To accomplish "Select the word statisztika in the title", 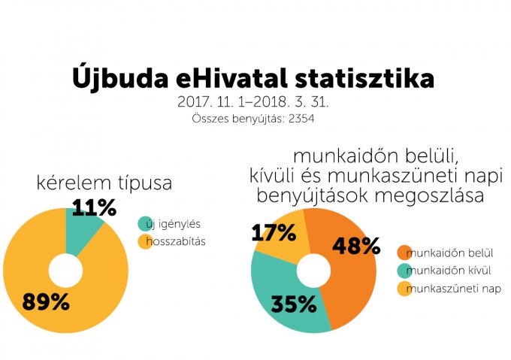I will coord(366,78).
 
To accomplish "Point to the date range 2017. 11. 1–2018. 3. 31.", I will coord(254,101).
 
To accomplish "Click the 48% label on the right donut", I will coord(356,246).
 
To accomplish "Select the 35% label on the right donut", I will coord(293,304).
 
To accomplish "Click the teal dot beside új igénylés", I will coord(144,224).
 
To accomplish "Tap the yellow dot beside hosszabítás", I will coord(144,241).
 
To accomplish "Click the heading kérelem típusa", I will coord(104,183).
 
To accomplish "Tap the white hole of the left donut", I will coord(65,271).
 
